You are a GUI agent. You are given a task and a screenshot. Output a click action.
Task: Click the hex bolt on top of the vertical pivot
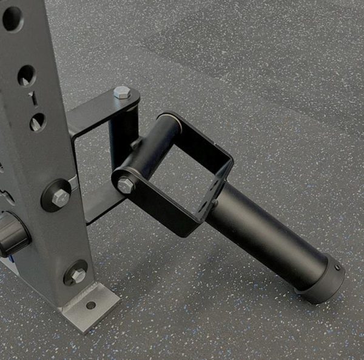coord(122,93)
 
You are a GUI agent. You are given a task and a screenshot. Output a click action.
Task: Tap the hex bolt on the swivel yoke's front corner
coord(126,185)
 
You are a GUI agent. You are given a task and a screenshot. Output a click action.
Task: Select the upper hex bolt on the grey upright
coord(59,196)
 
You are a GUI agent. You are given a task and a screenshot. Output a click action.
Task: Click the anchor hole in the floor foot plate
coord(91,305)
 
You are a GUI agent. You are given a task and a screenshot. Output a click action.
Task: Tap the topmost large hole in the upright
coord(12,18)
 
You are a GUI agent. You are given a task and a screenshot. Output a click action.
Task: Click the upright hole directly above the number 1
coord(26,75)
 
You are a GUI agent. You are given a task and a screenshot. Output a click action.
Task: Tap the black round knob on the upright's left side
coord(12,234)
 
